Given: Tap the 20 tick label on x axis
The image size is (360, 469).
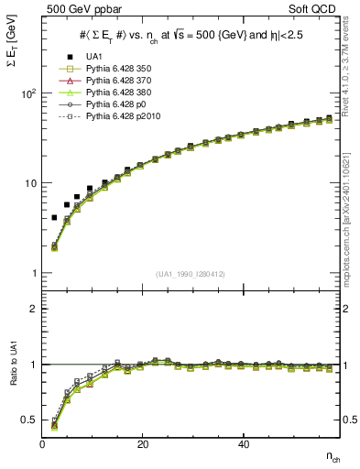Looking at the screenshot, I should pyautogui.click(x=142, y=445).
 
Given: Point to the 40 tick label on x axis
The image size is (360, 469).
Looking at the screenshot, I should pyautogui.click(x=242, y=445).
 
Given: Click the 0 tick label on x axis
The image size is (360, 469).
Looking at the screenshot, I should pyautogui.click(x=42, y=445).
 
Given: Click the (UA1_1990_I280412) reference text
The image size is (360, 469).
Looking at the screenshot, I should pyautogui.click(x=191, y=274).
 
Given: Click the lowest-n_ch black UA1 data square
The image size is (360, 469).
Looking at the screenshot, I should pyautogui.click(x=54, y=218).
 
